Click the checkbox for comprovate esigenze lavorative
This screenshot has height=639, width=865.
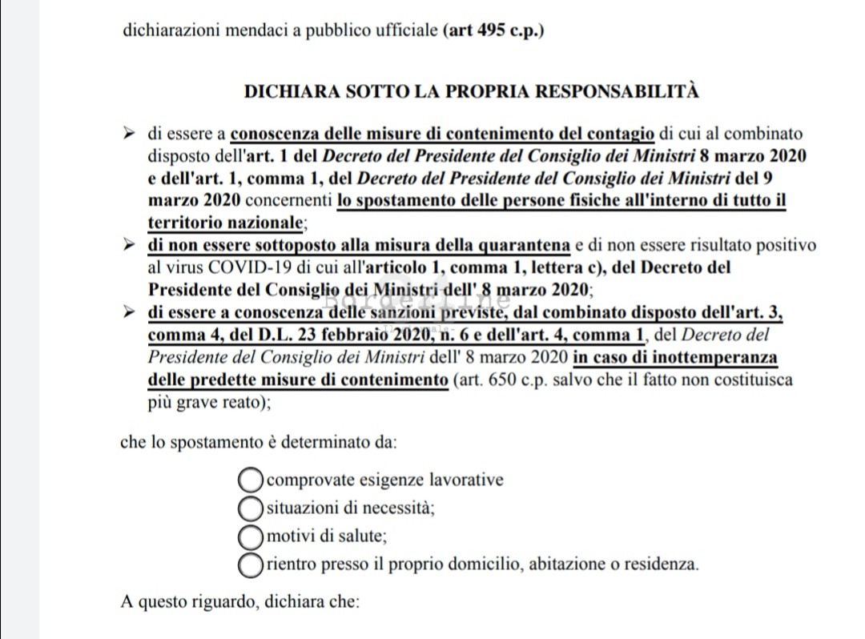coord(251,480)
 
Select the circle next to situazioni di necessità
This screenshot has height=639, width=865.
coord(251,508)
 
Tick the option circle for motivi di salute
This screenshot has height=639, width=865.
coord(251,535)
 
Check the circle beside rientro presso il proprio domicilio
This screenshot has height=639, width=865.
coord(251,563)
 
